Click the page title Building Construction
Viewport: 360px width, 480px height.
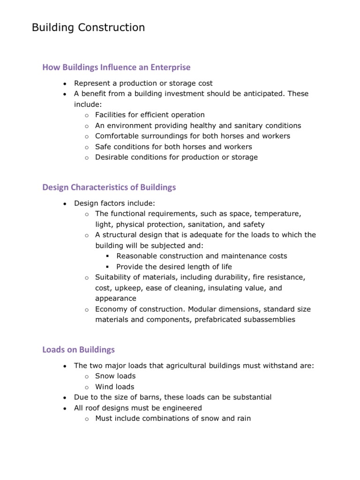pos(88,28)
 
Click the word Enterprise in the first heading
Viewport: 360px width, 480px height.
pos(171,67)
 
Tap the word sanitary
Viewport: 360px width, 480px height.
pos(243,125)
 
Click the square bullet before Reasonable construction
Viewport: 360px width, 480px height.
pos(107,256)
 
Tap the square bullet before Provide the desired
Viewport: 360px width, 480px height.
pos(107,267)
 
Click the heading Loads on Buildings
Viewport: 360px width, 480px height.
pos(78,350)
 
